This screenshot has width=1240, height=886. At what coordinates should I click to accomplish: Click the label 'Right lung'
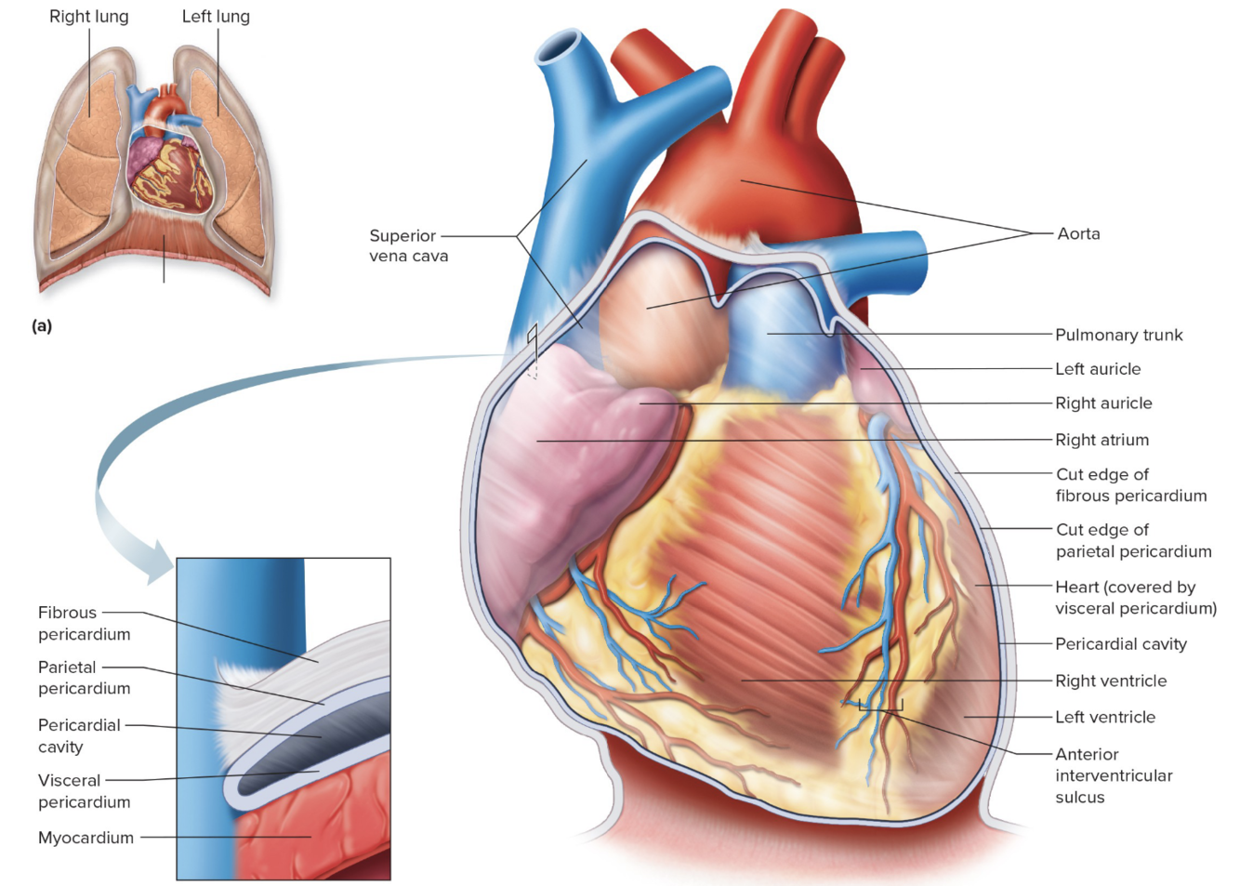88,17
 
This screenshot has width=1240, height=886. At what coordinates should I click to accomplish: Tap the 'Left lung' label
216,17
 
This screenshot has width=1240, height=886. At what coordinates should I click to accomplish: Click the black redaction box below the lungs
166,294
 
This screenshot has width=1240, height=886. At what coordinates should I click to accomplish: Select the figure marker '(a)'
42,325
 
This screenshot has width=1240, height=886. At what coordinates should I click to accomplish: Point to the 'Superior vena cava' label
408,245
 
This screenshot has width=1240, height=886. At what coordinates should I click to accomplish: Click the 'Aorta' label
1078,233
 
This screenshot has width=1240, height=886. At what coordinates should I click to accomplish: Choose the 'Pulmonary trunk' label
1118,335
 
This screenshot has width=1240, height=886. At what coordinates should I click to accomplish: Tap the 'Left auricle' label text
1098,369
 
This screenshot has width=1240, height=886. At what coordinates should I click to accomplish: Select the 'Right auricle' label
1103,403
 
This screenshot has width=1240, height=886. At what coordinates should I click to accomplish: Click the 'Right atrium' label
1101,440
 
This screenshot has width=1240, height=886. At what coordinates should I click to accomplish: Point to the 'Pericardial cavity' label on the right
1120,643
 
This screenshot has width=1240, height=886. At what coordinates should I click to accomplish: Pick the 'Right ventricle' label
1111,681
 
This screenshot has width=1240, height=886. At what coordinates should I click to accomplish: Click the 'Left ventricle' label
1105,717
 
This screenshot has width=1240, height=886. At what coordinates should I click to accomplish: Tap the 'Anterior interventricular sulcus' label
1114,775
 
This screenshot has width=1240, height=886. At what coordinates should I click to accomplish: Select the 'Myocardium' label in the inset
86,838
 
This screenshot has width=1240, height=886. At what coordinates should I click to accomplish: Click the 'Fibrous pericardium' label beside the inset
84,623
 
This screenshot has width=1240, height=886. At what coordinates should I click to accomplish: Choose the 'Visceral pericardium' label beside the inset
84,791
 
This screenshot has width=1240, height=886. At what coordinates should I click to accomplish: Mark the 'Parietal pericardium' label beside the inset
84,678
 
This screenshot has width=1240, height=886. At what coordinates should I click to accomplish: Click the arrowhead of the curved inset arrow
158,567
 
